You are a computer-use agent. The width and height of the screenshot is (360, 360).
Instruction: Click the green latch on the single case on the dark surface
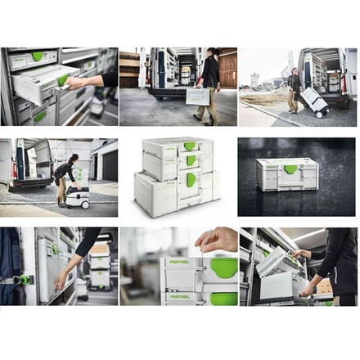(290, 169)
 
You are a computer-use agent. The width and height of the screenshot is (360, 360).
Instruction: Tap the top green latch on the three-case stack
(190, 146)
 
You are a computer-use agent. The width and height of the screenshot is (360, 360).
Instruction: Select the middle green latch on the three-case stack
(191, 160)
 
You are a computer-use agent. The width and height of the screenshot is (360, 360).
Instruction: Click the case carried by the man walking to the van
(198, 97)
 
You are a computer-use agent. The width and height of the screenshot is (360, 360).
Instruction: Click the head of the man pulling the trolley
(295, 72)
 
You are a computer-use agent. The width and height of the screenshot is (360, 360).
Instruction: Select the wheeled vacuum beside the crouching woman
(78, 197)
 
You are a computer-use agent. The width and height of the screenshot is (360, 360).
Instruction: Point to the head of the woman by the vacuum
(73, 157)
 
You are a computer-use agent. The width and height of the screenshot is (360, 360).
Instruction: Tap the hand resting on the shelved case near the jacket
(61, 281)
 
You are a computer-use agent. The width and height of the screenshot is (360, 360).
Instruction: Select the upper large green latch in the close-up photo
(223, 267)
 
